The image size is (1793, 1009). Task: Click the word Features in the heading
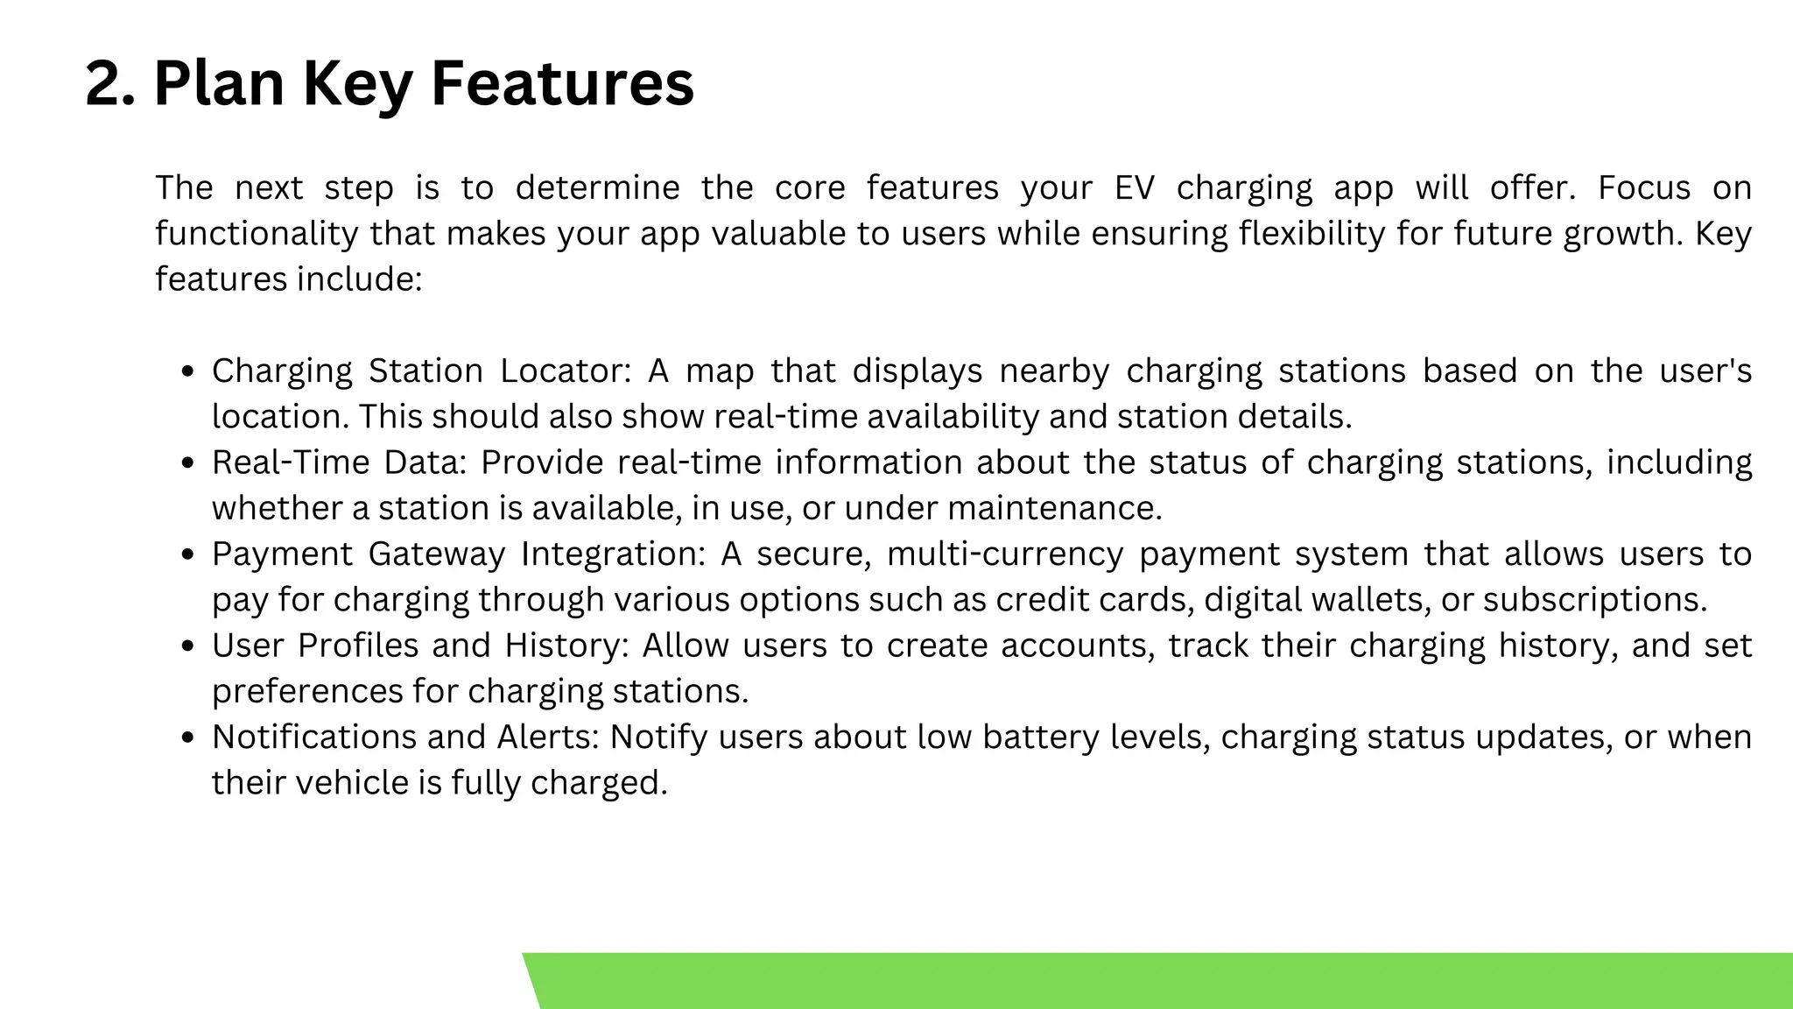pyautogui.click(x=562, y=84)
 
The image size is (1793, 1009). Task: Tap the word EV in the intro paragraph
pyautogui.click(x=1135, y=188)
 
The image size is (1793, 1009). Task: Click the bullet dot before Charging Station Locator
pyautogui.click(x=186, y=372)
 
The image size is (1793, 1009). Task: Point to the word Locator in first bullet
pyautogui.click(x=565, y=371)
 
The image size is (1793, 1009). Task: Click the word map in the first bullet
pyautogui.click(x=720, y=371)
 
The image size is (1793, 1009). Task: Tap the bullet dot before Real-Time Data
pyautogui.click(x=186, y=463)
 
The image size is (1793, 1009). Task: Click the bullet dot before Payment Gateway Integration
pyautogui.click(x=186, y=555)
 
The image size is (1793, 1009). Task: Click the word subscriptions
pyautogui.click(x=1594, y=600)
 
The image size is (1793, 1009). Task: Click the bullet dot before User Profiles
pyautogui.click(x=186, y=646)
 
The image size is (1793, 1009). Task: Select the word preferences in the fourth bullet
pyautogui.click(x=306, y=692)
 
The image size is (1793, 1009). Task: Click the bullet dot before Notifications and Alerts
pyautogui.click(x=186, y=738)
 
